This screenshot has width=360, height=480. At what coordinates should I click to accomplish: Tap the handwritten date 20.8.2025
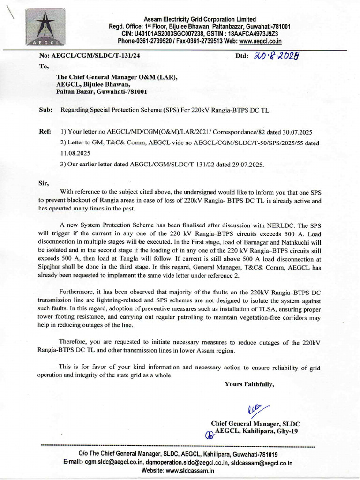point(277,56)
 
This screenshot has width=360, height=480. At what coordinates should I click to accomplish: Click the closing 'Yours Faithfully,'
point(249,384)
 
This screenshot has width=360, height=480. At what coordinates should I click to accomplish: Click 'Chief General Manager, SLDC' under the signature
point(255,423)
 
